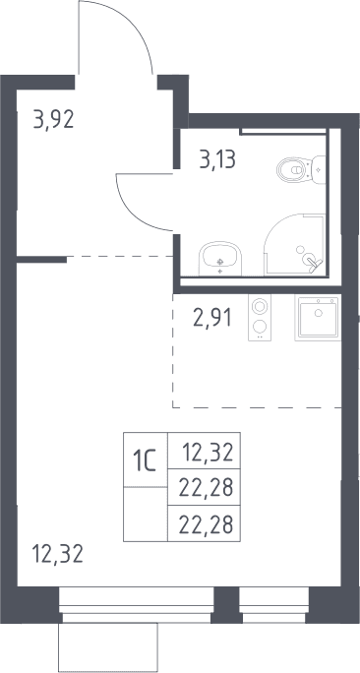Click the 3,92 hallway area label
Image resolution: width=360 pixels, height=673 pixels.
pos(54,120)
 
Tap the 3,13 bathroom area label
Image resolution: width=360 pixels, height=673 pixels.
pos(217,159)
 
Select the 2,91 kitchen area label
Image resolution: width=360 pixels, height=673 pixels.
pos(212,318)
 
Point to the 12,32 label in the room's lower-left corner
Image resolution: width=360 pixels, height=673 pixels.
pos(57,554)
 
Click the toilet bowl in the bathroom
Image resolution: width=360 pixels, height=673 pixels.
pos(294,170)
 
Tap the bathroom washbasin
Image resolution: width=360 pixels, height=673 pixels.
pos(220,259)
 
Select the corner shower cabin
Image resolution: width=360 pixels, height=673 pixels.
pos(295,244)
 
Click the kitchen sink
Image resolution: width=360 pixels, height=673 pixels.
pos(318,317)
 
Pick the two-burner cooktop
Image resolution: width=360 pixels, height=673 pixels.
pos(260,317)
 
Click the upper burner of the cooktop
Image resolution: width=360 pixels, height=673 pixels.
pos(259,306)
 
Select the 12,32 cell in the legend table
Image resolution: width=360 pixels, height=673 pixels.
pos(204,451)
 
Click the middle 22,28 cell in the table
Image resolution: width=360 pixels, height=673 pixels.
pos(204,487)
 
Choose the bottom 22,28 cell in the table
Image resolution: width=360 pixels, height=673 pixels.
pos(204,523)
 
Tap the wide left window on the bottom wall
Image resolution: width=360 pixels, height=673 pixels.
pos(137,605)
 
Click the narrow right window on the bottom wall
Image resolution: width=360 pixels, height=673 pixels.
pos(273,605)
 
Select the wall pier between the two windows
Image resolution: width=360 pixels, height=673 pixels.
pos(226,605)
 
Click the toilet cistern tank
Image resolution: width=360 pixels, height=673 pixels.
pos(319,170)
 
